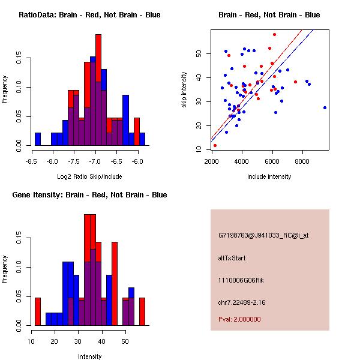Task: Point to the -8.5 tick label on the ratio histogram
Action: pos(31,161)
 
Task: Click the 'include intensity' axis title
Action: pos(269,176)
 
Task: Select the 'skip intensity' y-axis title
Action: pos(185,90)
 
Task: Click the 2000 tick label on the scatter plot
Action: pos(212,161)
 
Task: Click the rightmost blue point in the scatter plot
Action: pos(325,108)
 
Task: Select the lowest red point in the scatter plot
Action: pos(215,145)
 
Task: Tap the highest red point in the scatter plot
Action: pos(274,34)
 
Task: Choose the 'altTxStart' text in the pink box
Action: pos(232,258)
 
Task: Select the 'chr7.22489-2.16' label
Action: pos(241,301)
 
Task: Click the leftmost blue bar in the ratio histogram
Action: pos(38,139)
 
